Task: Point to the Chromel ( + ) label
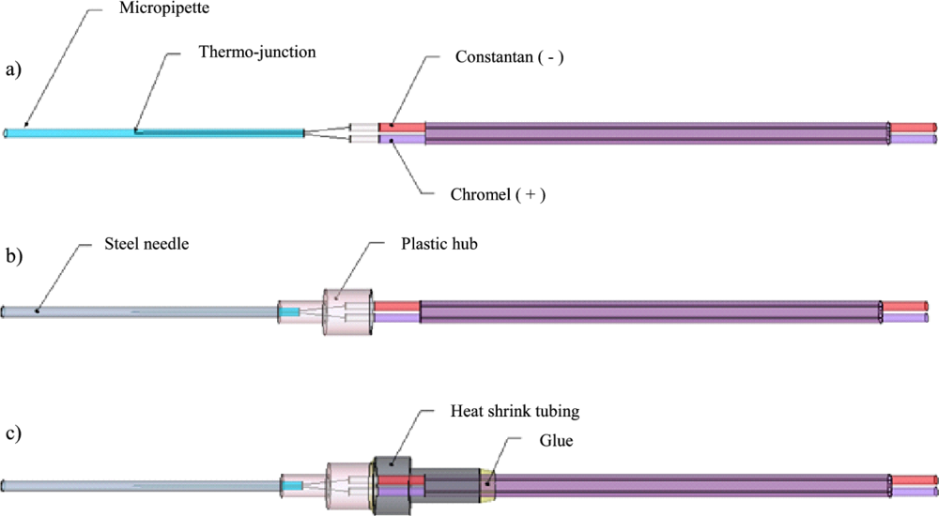click(x=499, y=195)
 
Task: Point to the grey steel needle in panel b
click(x=141, y=311)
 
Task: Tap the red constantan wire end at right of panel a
click(x=915, y=128)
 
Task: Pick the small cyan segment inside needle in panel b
click(x=291, y=311)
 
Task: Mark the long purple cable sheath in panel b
click(x=648, y=311)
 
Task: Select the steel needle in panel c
click(x=141, y=485)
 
